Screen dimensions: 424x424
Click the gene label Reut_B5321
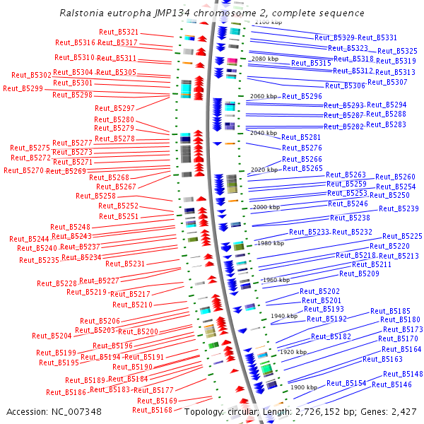click(119, 33)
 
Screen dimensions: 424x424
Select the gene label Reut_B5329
click(334, 37)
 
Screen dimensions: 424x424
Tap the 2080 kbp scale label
click(265, 59)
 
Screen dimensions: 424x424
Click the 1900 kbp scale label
click(304, 387)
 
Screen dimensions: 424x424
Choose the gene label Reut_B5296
click(302, 96)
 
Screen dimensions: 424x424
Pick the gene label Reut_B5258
click(95, 196)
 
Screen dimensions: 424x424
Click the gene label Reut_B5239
click(399, 208)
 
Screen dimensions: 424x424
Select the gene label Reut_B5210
click(132, 305)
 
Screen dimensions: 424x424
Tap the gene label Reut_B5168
click(152, 410)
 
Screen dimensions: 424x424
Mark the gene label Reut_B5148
click(403, 374)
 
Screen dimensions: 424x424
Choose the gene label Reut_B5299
click(23, 88)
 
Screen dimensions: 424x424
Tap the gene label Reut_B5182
click(331, 337)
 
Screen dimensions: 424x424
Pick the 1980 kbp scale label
click(271, 243)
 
